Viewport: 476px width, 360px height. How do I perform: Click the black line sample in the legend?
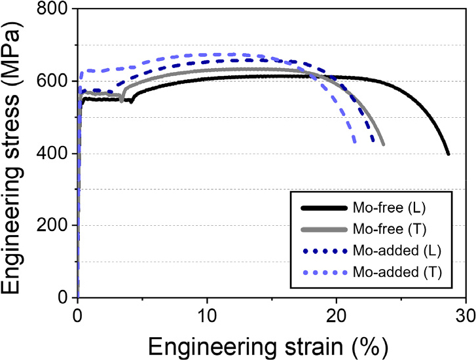tap(325, 208)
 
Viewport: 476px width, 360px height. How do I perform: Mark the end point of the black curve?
tap(449, 154)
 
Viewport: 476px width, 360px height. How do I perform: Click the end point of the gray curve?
tap(383, 145)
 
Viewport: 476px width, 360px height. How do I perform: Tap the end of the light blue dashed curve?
tap(355, 142)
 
